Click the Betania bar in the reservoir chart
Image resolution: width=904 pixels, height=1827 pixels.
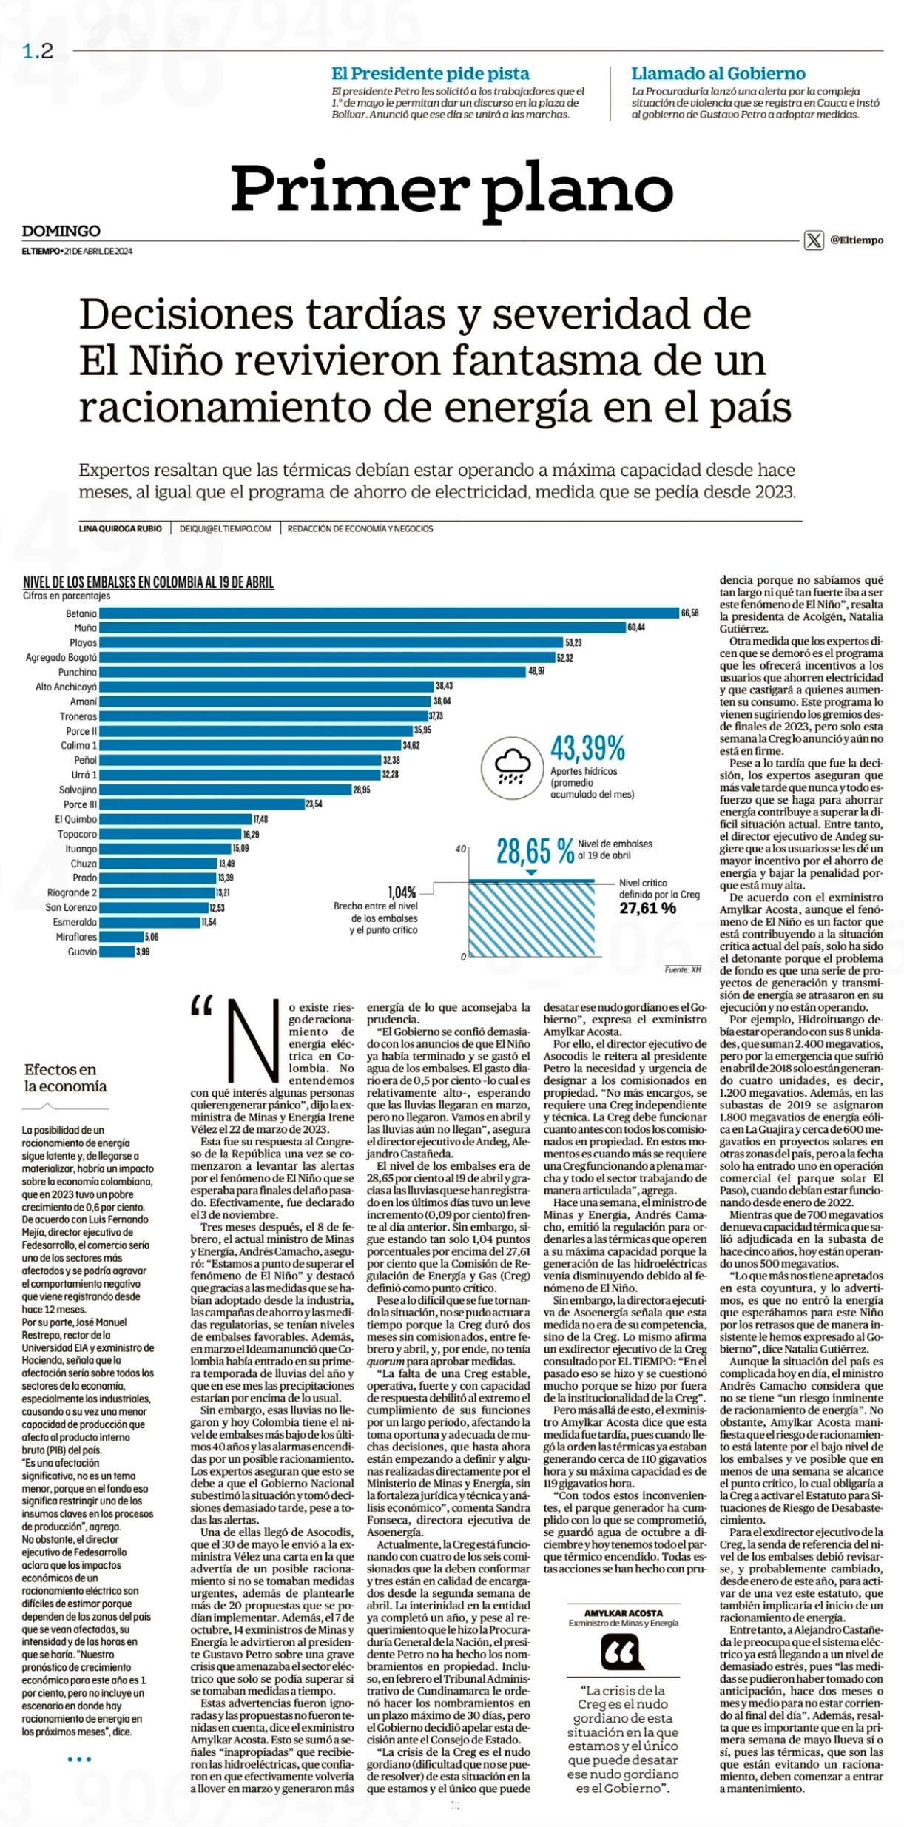click(389, 613)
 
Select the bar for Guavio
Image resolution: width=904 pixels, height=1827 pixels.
click(117, 952)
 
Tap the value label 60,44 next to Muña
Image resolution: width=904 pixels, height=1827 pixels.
click(636, 627)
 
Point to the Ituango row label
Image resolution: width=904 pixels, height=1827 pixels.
click(81, 849)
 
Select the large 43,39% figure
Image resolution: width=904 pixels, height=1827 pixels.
click(587, 748)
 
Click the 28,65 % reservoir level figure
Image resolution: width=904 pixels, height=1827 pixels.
click(535, 852)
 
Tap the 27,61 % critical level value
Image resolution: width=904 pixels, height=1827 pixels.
click(647, 908)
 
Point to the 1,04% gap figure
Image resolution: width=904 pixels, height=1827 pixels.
click(402, 892)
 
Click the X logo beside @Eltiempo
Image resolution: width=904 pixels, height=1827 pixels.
click(814, 240)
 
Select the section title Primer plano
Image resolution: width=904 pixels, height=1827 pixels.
click(452, 188)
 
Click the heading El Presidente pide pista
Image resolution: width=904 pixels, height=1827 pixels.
click(431, 74)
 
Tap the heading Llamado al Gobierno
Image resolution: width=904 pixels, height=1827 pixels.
click(718, 74)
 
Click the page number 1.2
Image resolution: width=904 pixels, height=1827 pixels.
click(38, 51)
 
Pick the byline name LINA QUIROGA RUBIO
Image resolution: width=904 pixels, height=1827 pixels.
click(121, 528)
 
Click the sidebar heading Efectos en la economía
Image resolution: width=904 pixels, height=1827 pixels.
click(65, 1077)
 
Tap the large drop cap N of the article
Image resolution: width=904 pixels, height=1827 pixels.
click(254, 1040)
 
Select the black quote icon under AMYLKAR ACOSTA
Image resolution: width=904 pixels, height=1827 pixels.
click(622, 1652)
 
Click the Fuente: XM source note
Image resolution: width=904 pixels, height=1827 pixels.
click(683, 969)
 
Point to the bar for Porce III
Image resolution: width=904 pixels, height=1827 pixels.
click(202, 804)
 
